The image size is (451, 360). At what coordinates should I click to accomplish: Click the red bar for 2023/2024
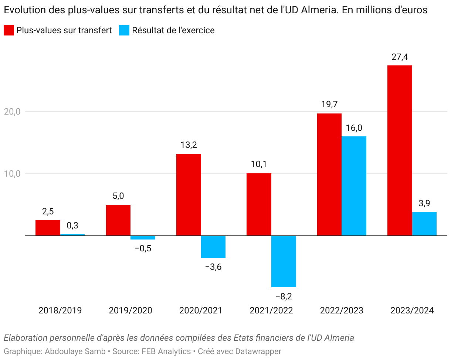point(400,150)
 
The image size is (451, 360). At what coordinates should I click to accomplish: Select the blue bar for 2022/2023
point(354,186)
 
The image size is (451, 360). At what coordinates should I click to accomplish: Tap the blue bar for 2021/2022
point(284,261)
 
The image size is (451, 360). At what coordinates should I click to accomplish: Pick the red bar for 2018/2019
point(48,228)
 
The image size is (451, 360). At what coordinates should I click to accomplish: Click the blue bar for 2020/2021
point(213,247)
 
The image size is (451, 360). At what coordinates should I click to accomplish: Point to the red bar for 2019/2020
point(118,220)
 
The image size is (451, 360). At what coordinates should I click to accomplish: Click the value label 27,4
point(400,57)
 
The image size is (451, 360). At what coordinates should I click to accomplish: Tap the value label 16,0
point(354,128)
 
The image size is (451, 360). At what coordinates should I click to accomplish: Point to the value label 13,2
point(189,145)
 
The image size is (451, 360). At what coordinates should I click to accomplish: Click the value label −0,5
point(143,248)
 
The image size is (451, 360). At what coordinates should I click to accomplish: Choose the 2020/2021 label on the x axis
point(201,310)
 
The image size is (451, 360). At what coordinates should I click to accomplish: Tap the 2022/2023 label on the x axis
point(342,310)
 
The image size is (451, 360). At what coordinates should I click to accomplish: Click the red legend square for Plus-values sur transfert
point(9,30)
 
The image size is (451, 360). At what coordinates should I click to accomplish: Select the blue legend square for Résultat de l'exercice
point(124,30)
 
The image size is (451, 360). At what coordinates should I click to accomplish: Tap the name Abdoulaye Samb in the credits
point(75,351)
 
